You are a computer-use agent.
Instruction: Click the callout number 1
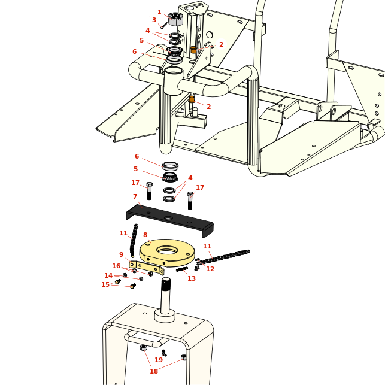[x=159, y=12]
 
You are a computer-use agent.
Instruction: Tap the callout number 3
[x=154, y=20]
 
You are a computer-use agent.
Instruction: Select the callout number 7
[x=135, y=196]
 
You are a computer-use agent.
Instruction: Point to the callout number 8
[x=145, y=235]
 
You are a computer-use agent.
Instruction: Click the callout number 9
[x=122, y=254]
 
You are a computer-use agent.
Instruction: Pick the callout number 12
[x=210, y=269]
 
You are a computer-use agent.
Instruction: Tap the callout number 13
[x=192, y=278]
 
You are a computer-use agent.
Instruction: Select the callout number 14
[x=108, y=275]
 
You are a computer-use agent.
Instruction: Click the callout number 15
[x=105, y=284]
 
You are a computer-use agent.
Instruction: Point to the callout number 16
[x=116, y=266]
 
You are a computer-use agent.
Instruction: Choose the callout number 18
[x=154, y=371]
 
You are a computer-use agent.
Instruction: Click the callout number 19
[x=159, y=360]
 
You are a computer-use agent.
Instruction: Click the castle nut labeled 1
[x=176, y=19]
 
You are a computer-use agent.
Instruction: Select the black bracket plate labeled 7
[x=169, y=220]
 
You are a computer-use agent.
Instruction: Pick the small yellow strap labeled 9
[x=147, y=268]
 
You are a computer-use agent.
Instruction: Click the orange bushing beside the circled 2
[x=193, y=49]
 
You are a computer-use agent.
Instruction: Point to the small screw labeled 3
[x=164, y=25]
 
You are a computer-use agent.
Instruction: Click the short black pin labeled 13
[x=182, y=269]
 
